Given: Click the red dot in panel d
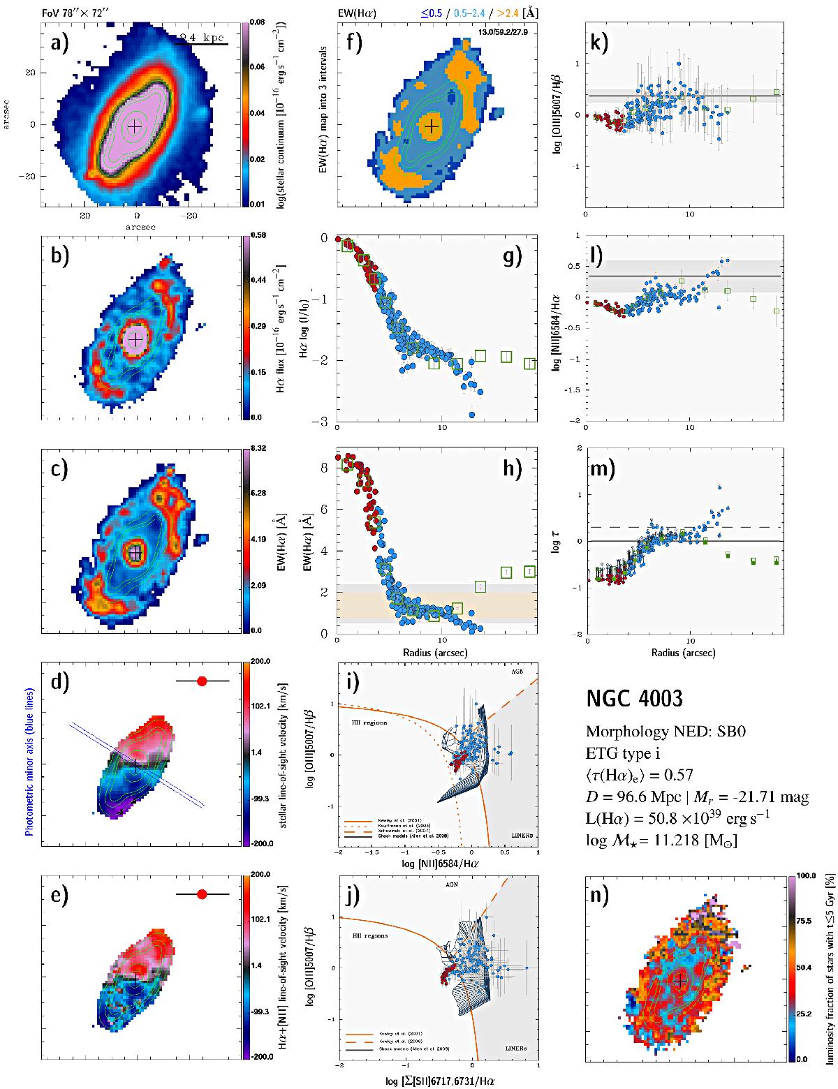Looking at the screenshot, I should tap(202, 681).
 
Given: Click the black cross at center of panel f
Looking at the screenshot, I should tap(432, 126).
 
